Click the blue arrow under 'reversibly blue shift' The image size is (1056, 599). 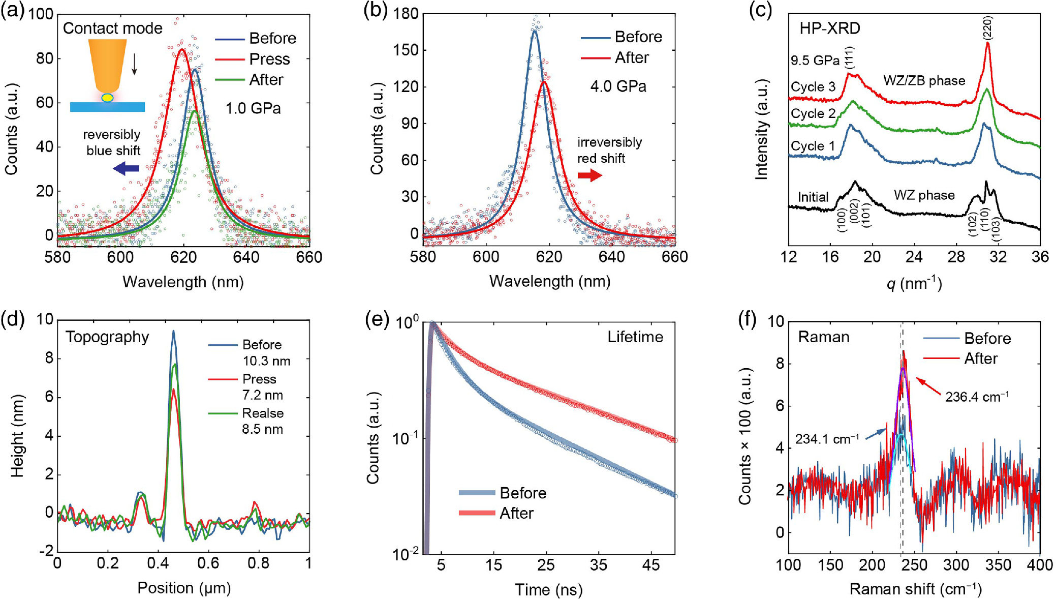tap(126, 168)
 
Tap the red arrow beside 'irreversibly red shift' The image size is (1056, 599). tap(589, 175)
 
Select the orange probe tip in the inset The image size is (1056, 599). tap(107, 64)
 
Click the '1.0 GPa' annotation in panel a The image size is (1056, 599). tap(253, 108)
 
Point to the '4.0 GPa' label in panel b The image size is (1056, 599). tap(618, 86)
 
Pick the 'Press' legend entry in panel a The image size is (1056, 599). tap(269, 59)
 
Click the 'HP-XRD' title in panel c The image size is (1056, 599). tap(829, 28)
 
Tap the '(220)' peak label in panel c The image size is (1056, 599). tap(988, 28)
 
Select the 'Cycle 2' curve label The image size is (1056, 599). tap(813, 113)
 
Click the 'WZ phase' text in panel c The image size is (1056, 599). tap(924, 195)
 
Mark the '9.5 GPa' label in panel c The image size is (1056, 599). tap(815, 61)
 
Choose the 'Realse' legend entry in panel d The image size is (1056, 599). tap(262, 413)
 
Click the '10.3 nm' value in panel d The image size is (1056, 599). tap(266, 361)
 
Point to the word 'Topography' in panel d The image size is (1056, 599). tap(107, 337)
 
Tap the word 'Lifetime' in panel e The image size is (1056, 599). tap(635, 337)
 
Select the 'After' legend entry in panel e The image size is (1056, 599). tap(516, 513)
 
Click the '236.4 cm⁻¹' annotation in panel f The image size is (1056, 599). tap(977, 397)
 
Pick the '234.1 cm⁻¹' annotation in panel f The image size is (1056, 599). tap(827, 439)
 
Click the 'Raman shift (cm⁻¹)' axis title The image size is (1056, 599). tap(915, 589)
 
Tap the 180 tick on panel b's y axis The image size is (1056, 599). tap(406, 14)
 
